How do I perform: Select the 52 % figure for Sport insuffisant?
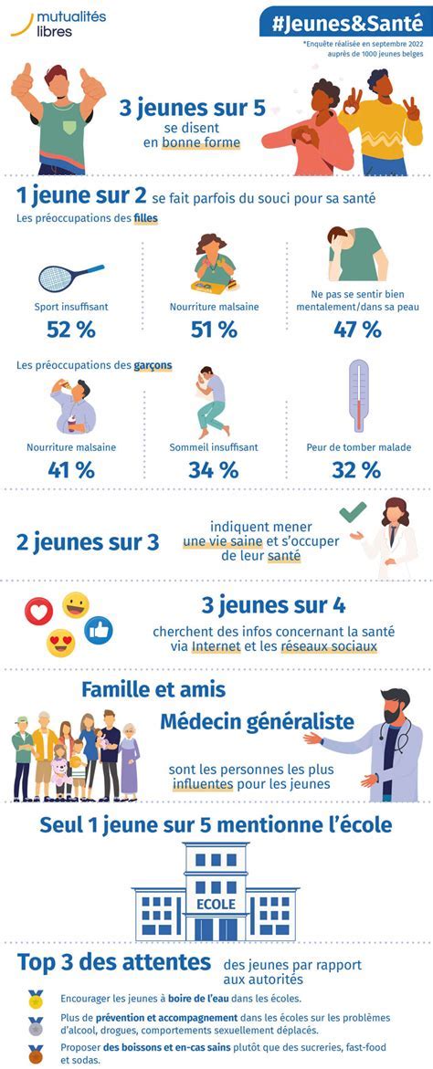[x=72, y=330]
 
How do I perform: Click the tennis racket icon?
[x=71, y=276]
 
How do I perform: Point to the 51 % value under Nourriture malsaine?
[x=214, y=330]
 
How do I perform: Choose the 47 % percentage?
[x=358, y=330]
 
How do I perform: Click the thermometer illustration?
[x=359, y=395]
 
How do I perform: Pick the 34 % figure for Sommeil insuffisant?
[x=214, y=470]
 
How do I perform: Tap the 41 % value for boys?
[x=72, y=470]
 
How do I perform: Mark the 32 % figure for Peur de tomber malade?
[x=357, y=470]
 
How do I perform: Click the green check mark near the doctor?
[x=352, y=511]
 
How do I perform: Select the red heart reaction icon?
[x=38, y=611]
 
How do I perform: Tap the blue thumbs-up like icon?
[x=98, y=629]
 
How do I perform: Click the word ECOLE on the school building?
[x=215, y=904]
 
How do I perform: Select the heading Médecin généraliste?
[x=257, y=721]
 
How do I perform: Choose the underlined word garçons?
[x=153, y=366]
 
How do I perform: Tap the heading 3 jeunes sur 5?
[x=193, y=109]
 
